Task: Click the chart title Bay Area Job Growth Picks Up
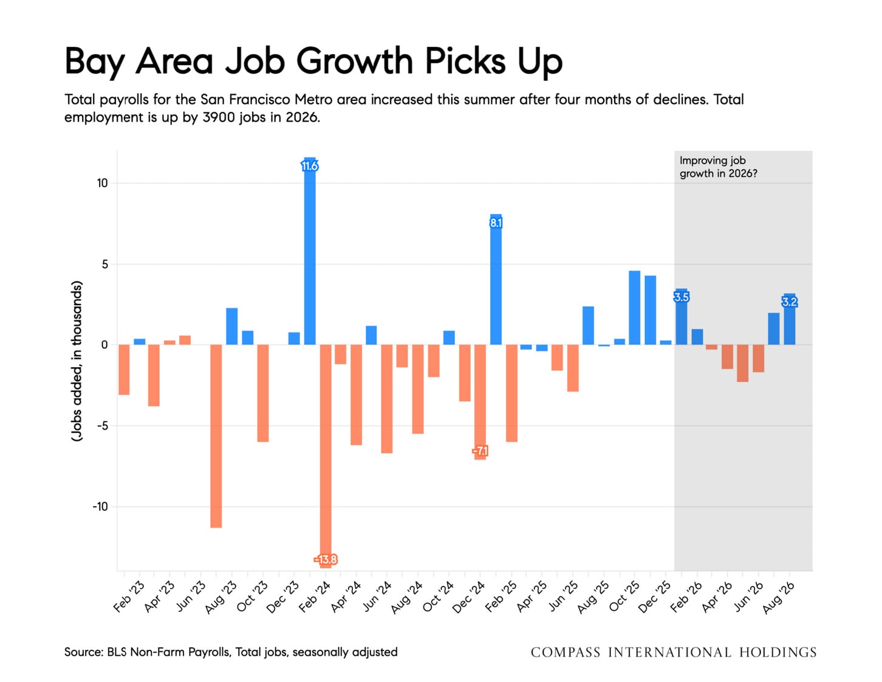coord(313,62)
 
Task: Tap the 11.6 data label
coord(310,166)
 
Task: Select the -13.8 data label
coord(326,559)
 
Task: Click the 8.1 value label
coord(496,222)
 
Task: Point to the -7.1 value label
coord(480,450)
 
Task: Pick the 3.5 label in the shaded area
coord(681,297)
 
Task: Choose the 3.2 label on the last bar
coord(790,302)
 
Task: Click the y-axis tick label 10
coord(102,183)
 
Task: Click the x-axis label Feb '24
coord(315,597)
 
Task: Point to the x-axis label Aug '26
coord(779,598)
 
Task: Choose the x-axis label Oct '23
coord(253,597)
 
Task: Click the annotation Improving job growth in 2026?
coord(718,167)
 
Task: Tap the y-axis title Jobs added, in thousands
coord(77,361)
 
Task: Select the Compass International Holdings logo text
coord(674,652)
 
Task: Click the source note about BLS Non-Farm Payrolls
coord(231,652)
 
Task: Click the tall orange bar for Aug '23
coord(216,436)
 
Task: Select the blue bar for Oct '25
coord(634,308)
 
